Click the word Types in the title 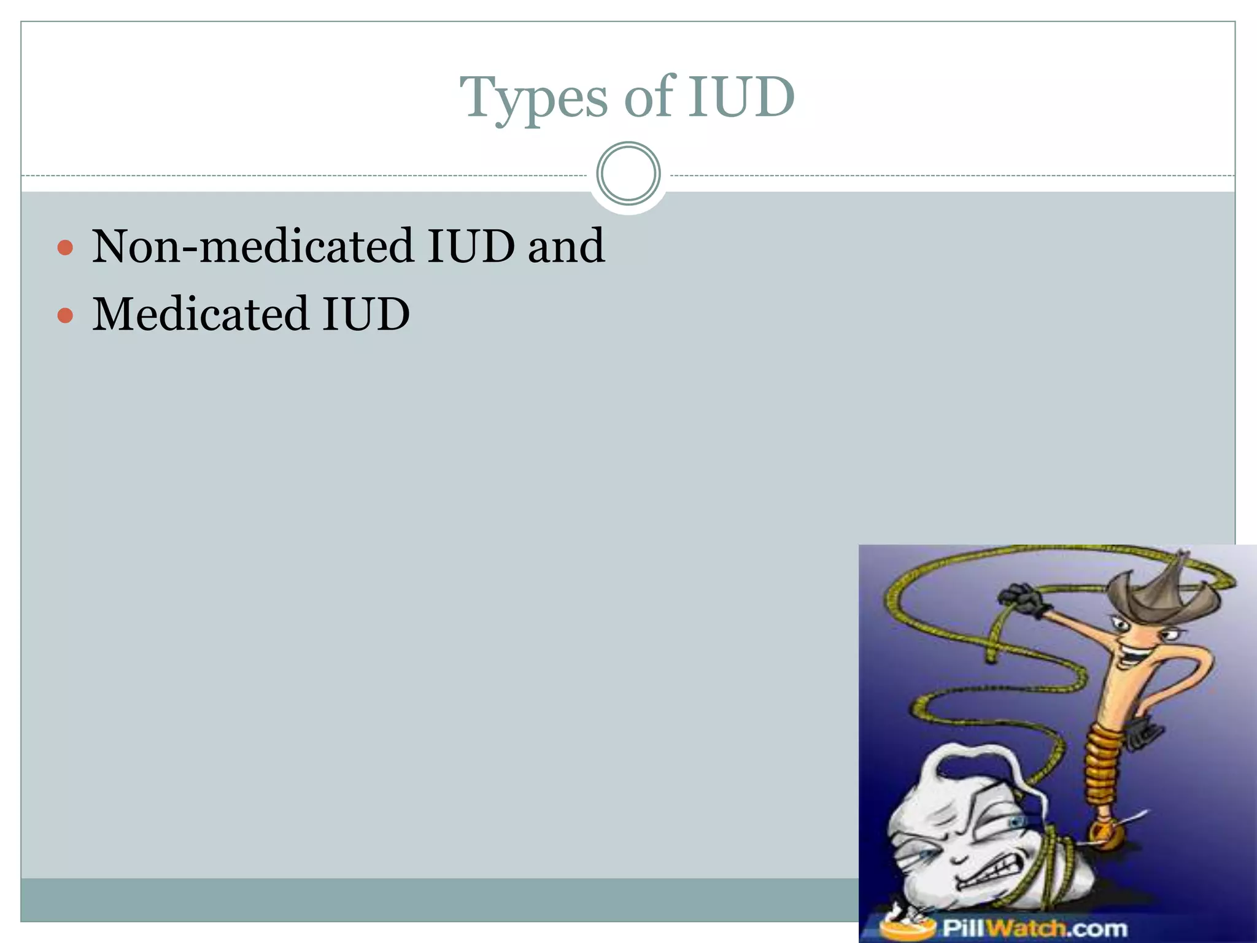(534, 98)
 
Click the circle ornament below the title (628, 174)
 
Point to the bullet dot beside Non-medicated (65, 248)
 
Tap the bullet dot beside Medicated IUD (65, 316)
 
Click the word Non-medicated (252, 246)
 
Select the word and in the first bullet (566, 246)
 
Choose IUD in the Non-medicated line (471, 246)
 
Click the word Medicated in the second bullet (200, 314)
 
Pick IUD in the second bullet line (366, 314)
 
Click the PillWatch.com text (1034, 928)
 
